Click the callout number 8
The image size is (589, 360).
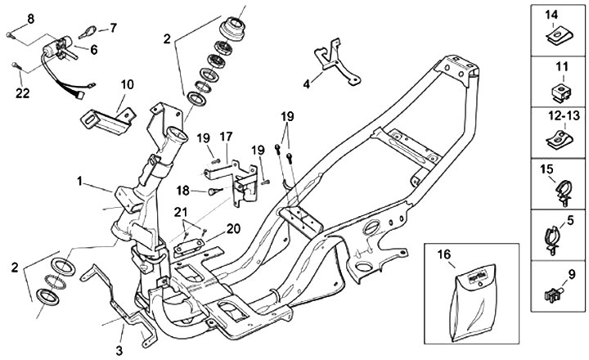click(31, 17)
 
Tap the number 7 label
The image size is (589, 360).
click(113, 28)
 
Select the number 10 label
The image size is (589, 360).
click(128, 84)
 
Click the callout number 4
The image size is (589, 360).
click(307, 83)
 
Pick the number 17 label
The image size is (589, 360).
click(226, 135)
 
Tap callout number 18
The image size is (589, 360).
click(183, 191)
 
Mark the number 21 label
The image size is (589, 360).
click(181, 213)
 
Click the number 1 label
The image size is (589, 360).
click(79, 178)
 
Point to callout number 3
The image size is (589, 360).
click(119, 350)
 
